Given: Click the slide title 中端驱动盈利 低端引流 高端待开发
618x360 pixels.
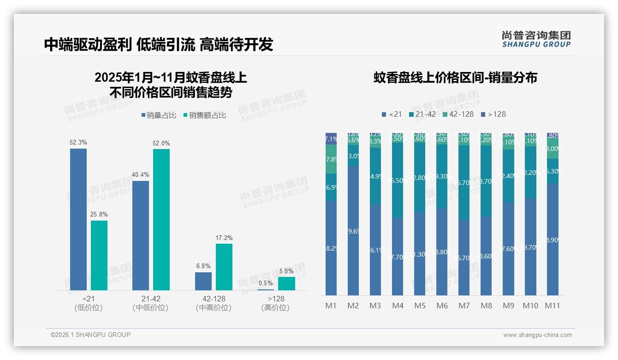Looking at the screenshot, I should [x=159, y=44].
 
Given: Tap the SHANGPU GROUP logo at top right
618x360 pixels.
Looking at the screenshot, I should [x=536, y=39].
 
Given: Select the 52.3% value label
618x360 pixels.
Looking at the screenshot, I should [x=78, y=143].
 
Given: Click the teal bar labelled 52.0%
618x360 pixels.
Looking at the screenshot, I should [x=161, y=219].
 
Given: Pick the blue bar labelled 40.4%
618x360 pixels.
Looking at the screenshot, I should [x=141, y=235].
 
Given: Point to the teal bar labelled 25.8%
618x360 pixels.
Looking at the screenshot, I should [x=99, y=255].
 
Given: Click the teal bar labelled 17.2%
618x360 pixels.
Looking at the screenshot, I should [x=224, y=267].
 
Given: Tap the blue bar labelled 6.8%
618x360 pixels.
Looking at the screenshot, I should [x=203, y=281].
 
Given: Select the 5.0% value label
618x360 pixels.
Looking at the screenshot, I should [x=286, y=271].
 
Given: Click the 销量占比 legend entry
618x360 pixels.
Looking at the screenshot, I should [x=158, y=115].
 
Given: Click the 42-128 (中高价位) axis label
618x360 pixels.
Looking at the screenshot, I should [x=214, y=303].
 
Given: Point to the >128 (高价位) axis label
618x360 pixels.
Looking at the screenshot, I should [x=275, y=303].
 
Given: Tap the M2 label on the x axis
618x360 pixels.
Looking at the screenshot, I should [x=353, y=306].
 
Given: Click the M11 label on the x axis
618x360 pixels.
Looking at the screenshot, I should [x=553, y=306].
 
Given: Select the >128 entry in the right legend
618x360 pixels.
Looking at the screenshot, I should [x=493, y=114].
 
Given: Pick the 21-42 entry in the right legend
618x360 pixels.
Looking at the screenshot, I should [x=422, y=114].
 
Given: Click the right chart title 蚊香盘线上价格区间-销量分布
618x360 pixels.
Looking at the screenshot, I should [x=455, y=78].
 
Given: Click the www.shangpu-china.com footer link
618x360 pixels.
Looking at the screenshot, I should [x=537, y=335].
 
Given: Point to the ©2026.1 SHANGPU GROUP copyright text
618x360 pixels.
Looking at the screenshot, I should [x=90, y=335].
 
